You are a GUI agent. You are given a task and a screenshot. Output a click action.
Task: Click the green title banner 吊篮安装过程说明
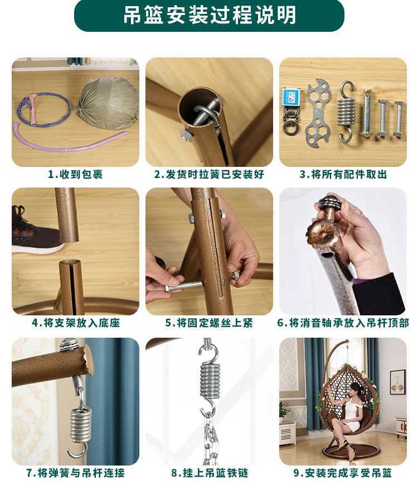[x=209, y=16]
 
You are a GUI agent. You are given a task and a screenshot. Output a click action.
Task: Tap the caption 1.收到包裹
[x=75, y=174]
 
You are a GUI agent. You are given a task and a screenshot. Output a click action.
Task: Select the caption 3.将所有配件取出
[x=343, y=174]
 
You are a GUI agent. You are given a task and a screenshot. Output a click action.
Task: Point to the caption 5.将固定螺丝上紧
[x=209, y=323]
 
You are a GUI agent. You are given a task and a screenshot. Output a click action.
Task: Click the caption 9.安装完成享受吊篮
[x=343, y=473]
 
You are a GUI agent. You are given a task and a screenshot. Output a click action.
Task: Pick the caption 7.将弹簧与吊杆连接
[x=75, y=473]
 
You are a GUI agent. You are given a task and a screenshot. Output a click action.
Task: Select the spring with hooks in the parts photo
[x=346, y=111]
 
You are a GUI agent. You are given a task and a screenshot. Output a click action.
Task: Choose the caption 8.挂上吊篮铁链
[x=209, y=473]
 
